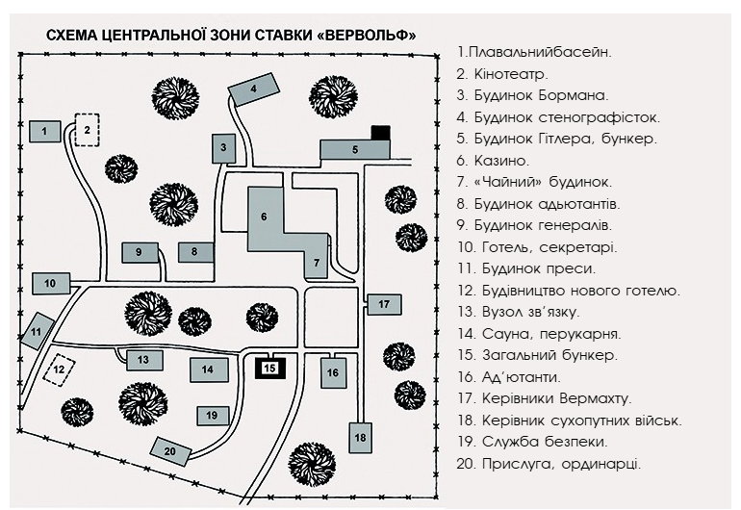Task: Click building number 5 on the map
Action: coord(354,149)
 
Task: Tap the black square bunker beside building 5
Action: coord(381,133)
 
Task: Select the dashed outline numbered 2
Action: coord(87,129)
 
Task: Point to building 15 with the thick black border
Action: coord(270,368)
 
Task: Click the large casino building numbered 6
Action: coord(266,217)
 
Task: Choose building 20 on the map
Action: coord(170,450)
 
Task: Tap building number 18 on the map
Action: coord(361,438)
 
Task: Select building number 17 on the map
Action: coord(383,304)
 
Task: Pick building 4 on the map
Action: coord(253,89)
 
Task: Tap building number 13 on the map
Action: coord(141,359)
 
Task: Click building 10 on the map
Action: coord(50,283)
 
